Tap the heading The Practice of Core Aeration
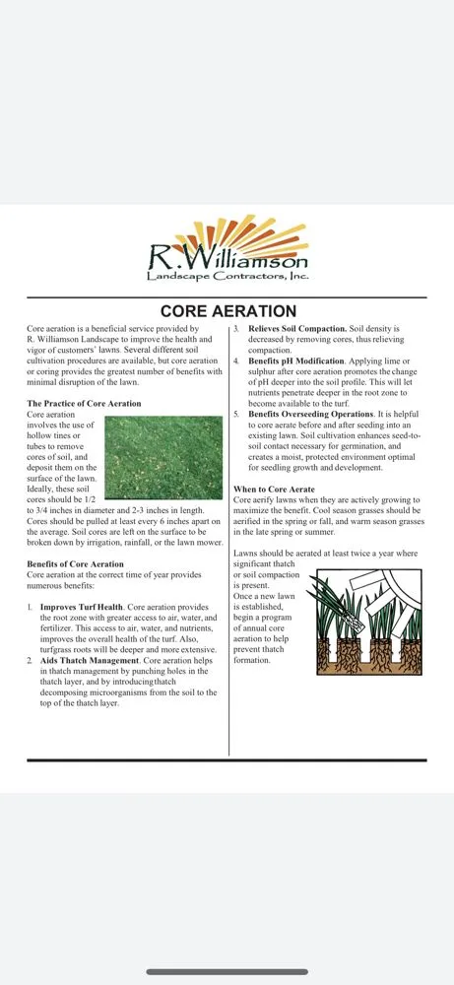point(84,404)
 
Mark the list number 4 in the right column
point(236,361)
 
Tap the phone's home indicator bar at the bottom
point(227,971)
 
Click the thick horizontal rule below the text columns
point(227,759)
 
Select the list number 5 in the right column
point(236,414)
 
